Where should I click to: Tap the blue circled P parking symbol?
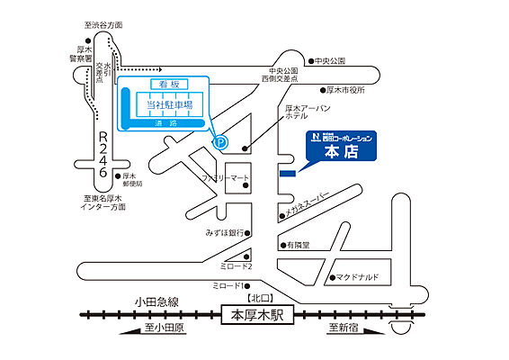pos(219,140)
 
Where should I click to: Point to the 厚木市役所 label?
pos(350,90)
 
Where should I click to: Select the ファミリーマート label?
pos(225,178)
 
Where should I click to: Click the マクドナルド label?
pos(363,278)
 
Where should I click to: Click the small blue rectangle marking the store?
pos(288,173)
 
